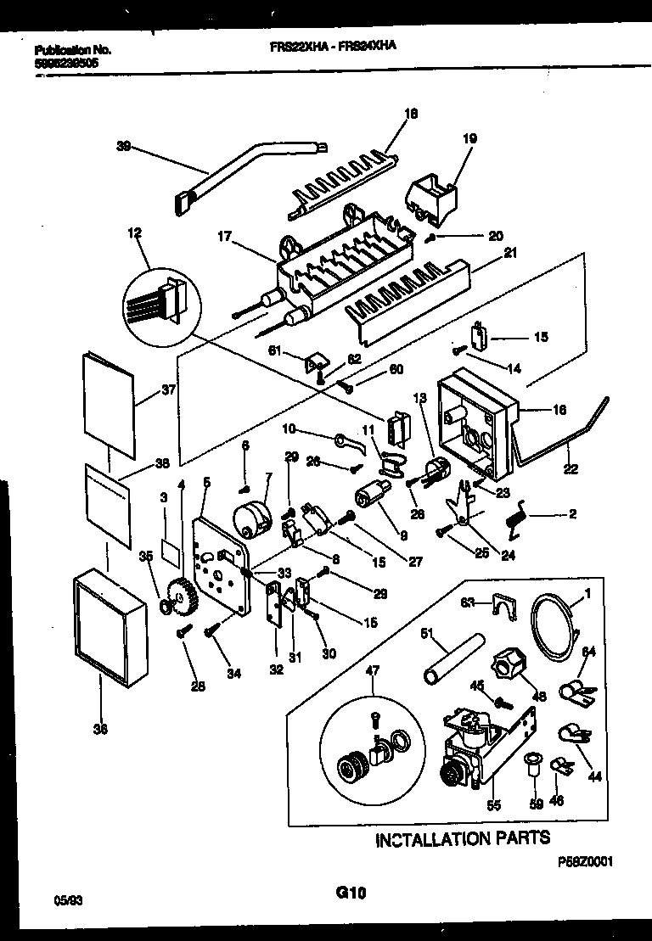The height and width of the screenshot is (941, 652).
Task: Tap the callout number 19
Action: (x=469, y=138)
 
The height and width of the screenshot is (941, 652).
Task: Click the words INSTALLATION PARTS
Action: (x=463, y=838)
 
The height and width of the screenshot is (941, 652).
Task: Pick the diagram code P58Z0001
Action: (x=585, y=860)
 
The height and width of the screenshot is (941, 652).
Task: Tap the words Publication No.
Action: (x=71, y=50)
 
